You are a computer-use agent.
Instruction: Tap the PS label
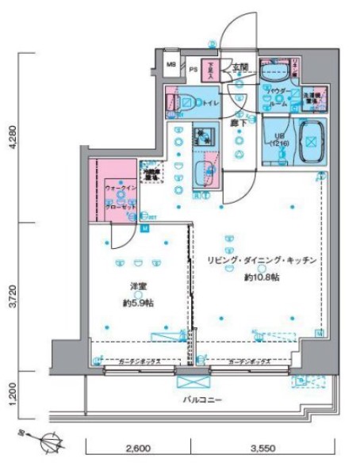coord(193,69)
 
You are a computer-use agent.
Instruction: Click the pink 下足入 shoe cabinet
coord(210,70)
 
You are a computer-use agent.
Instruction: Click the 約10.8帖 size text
coord(261,277)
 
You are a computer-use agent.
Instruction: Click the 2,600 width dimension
coord(137,449)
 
